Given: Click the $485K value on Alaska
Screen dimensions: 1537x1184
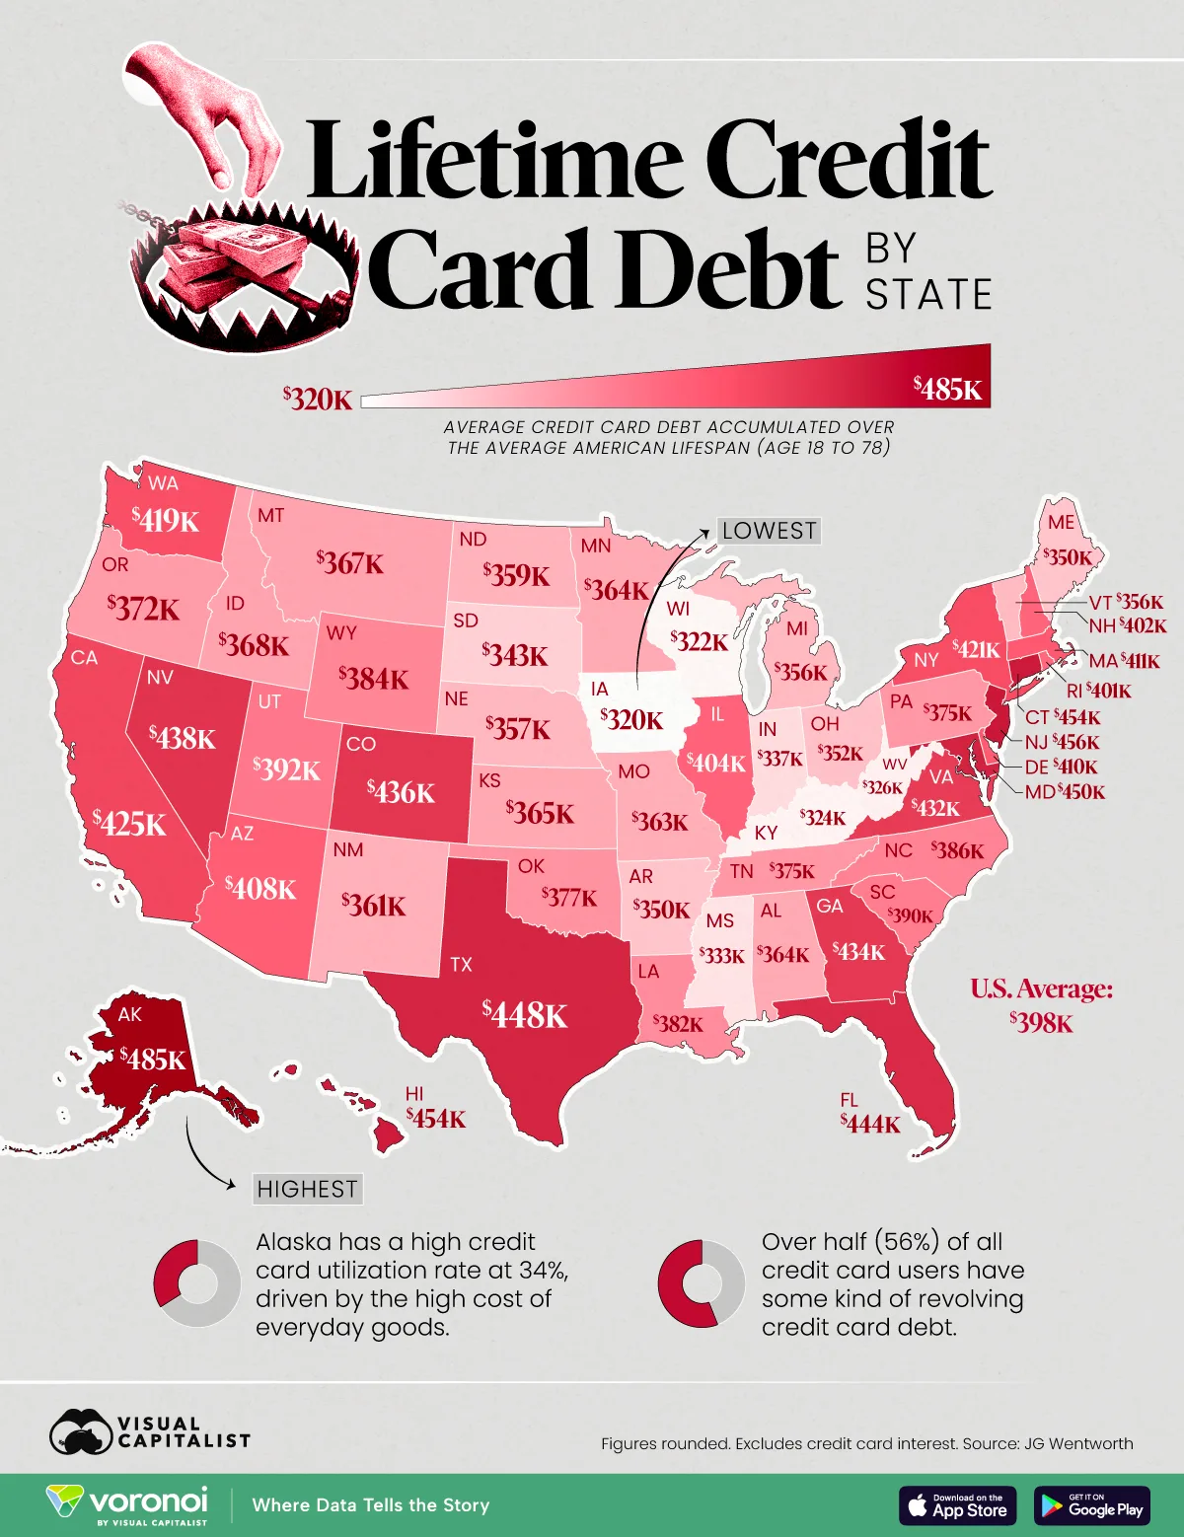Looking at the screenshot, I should click(x=153, y=1060).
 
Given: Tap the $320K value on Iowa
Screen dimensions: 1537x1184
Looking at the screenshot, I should click(x=632, y=719).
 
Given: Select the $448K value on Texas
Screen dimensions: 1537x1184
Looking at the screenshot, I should click(x=525, y=1013).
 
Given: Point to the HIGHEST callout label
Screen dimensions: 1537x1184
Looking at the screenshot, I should click(x=307, y=1189).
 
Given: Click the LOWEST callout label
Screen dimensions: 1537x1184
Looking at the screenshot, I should click(x=769, y=531).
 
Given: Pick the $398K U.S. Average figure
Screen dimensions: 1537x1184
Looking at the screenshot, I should click(x=1041, y=1022).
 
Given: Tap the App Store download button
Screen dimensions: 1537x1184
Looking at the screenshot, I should click(x=957, y=1505).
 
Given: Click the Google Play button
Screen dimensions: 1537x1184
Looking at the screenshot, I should click(x=1092, y=1505).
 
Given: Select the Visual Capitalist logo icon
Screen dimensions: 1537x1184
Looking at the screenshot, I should click(x=81, y=1432).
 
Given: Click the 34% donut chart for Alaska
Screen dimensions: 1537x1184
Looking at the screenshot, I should click(x=196, y=1283).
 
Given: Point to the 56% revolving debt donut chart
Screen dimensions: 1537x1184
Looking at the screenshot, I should click(x=702, y=1283).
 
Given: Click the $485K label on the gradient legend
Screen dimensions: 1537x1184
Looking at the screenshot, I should click(x=947, y=389).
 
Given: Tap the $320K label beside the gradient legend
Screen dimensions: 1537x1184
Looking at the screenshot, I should click(x=317, y=399).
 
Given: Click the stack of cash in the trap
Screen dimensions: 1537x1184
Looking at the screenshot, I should click(x=232, y=256).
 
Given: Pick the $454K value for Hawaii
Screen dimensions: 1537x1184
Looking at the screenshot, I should click(x=436, y=1119).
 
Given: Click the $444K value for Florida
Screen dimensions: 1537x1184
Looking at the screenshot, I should click(x=870, y=1123).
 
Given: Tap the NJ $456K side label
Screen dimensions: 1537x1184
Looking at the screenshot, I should click(x=1062, y=742).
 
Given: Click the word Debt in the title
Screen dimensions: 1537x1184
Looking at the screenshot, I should click(x=604, y=268).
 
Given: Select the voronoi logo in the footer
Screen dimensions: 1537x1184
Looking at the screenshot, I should click(x=128, y=1504).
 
